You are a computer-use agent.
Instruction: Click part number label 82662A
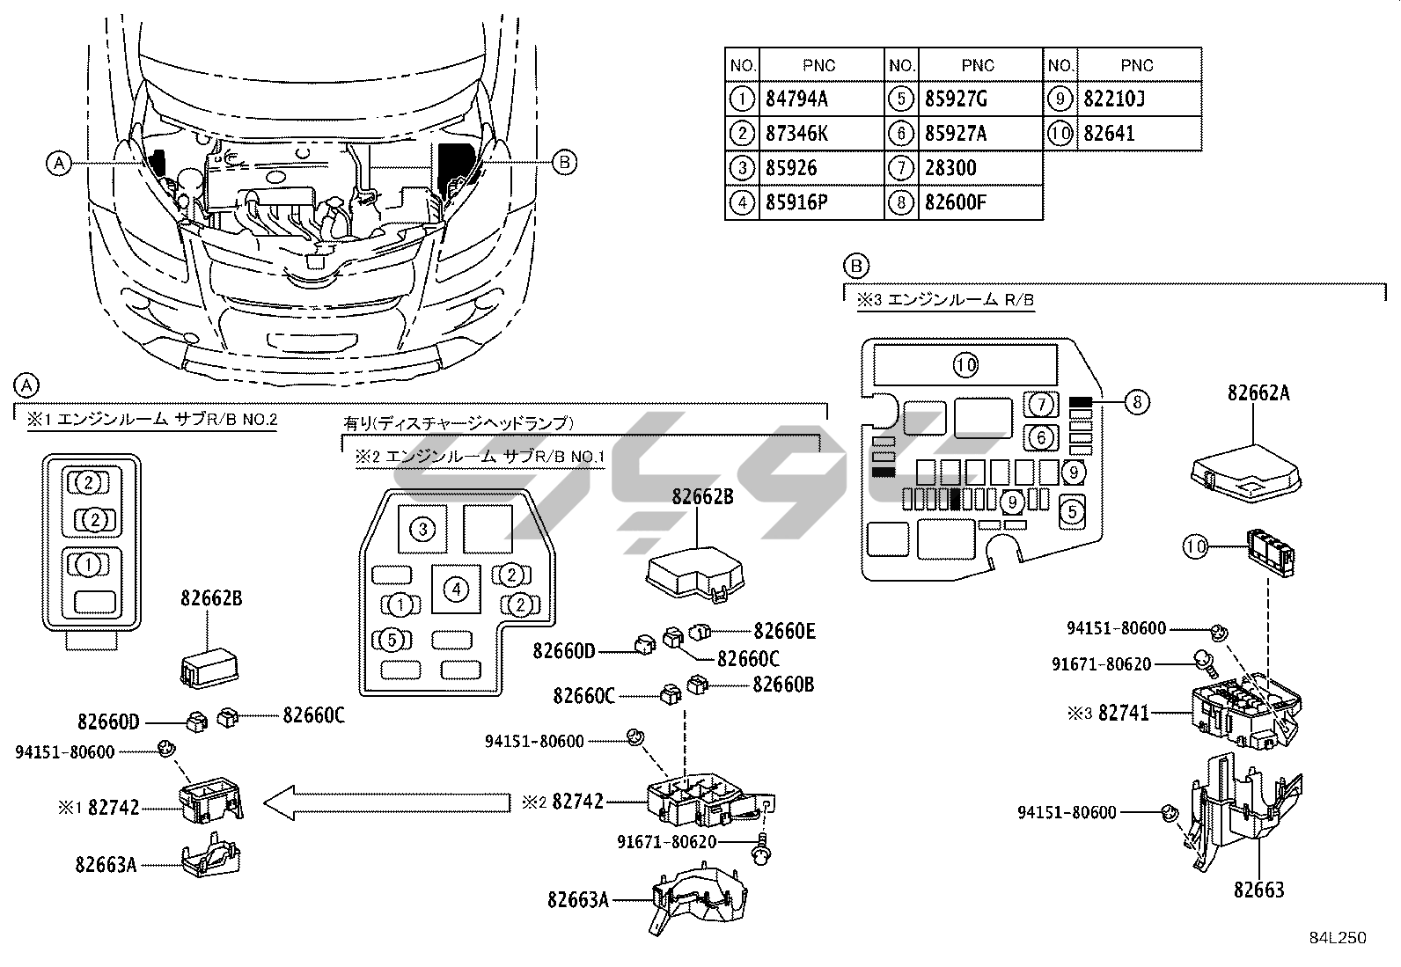[x=1258, y=393]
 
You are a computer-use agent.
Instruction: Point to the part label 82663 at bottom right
[x=1258, y=890]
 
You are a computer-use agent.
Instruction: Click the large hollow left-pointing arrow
[x=387, y=802]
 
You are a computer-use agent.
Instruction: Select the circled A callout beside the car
[x=58, y=163]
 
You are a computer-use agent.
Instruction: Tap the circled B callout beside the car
[x=564, y=162]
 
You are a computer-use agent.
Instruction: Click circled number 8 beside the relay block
[x=1137, y=402]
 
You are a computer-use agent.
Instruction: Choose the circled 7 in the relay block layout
[x=1041, y=405]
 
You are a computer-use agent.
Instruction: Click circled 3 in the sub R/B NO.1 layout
[x=423, y=529]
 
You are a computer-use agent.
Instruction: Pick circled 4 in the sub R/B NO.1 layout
[x=456, y=589]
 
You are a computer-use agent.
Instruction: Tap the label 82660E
[x=784, y=631]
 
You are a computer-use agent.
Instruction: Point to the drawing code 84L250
[x=1337, y=938]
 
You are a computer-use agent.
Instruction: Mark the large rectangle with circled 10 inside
[x=966, y=364]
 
